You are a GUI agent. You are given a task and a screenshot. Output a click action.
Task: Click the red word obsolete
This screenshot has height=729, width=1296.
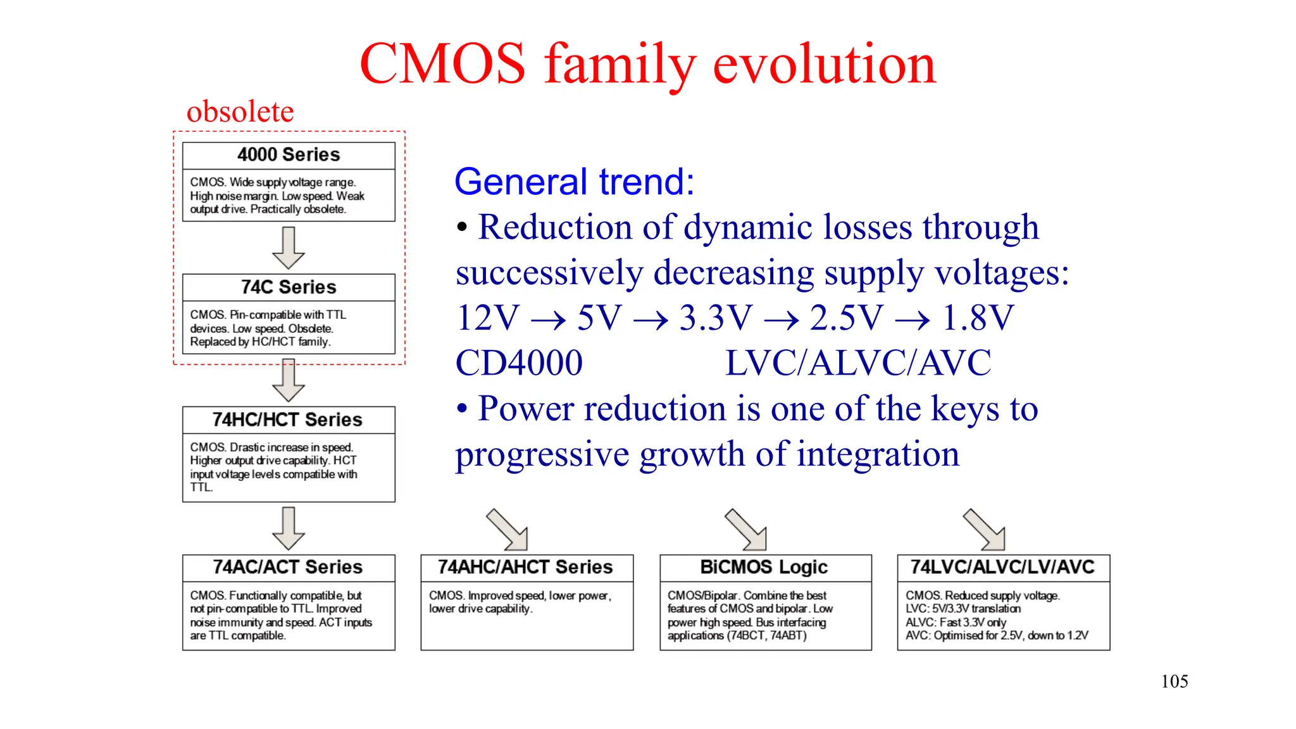tap(240, 112)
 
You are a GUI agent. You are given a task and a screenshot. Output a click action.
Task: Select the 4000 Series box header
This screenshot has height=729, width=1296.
tap(289, 155)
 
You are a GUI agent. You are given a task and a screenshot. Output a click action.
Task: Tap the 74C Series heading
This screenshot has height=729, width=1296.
tap(289, 287)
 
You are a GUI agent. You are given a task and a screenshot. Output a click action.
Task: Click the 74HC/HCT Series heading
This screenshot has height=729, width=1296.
tap(288, 420)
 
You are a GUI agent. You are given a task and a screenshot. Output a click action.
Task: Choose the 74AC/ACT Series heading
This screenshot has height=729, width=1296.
tap(288, 567)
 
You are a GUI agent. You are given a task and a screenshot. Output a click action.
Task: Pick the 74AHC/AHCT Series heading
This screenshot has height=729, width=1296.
tap(526, 567)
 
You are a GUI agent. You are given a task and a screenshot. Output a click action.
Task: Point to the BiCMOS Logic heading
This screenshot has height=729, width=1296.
tap(764, 567)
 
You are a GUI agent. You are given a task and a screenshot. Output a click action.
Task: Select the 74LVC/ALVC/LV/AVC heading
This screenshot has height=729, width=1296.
tap(1003, 567)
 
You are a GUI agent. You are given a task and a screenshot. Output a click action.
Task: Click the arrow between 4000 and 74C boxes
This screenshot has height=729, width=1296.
tap(289, 248)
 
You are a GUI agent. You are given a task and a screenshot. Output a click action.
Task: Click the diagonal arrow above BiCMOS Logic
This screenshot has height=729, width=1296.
tap(746, 530)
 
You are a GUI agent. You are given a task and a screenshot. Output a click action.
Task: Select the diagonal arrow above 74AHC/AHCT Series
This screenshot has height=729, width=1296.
tap(508, 530)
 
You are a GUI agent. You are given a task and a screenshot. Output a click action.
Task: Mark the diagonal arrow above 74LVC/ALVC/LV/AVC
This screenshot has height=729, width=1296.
tap(985, 530)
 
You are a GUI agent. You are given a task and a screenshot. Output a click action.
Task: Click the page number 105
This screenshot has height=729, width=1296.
tap(1174, 682)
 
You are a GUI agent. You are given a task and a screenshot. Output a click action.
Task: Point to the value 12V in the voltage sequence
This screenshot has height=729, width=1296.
tap(487, 318)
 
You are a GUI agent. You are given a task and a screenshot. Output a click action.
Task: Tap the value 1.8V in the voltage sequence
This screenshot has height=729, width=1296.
tap(978, 318)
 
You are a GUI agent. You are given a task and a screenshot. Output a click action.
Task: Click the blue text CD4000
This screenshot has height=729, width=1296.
tap(519, 363)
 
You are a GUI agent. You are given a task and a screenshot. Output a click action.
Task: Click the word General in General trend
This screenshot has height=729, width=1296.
tap(521, 182)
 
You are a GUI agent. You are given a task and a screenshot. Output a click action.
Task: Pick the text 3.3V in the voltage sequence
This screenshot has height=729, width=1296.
tap(716, 318)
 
